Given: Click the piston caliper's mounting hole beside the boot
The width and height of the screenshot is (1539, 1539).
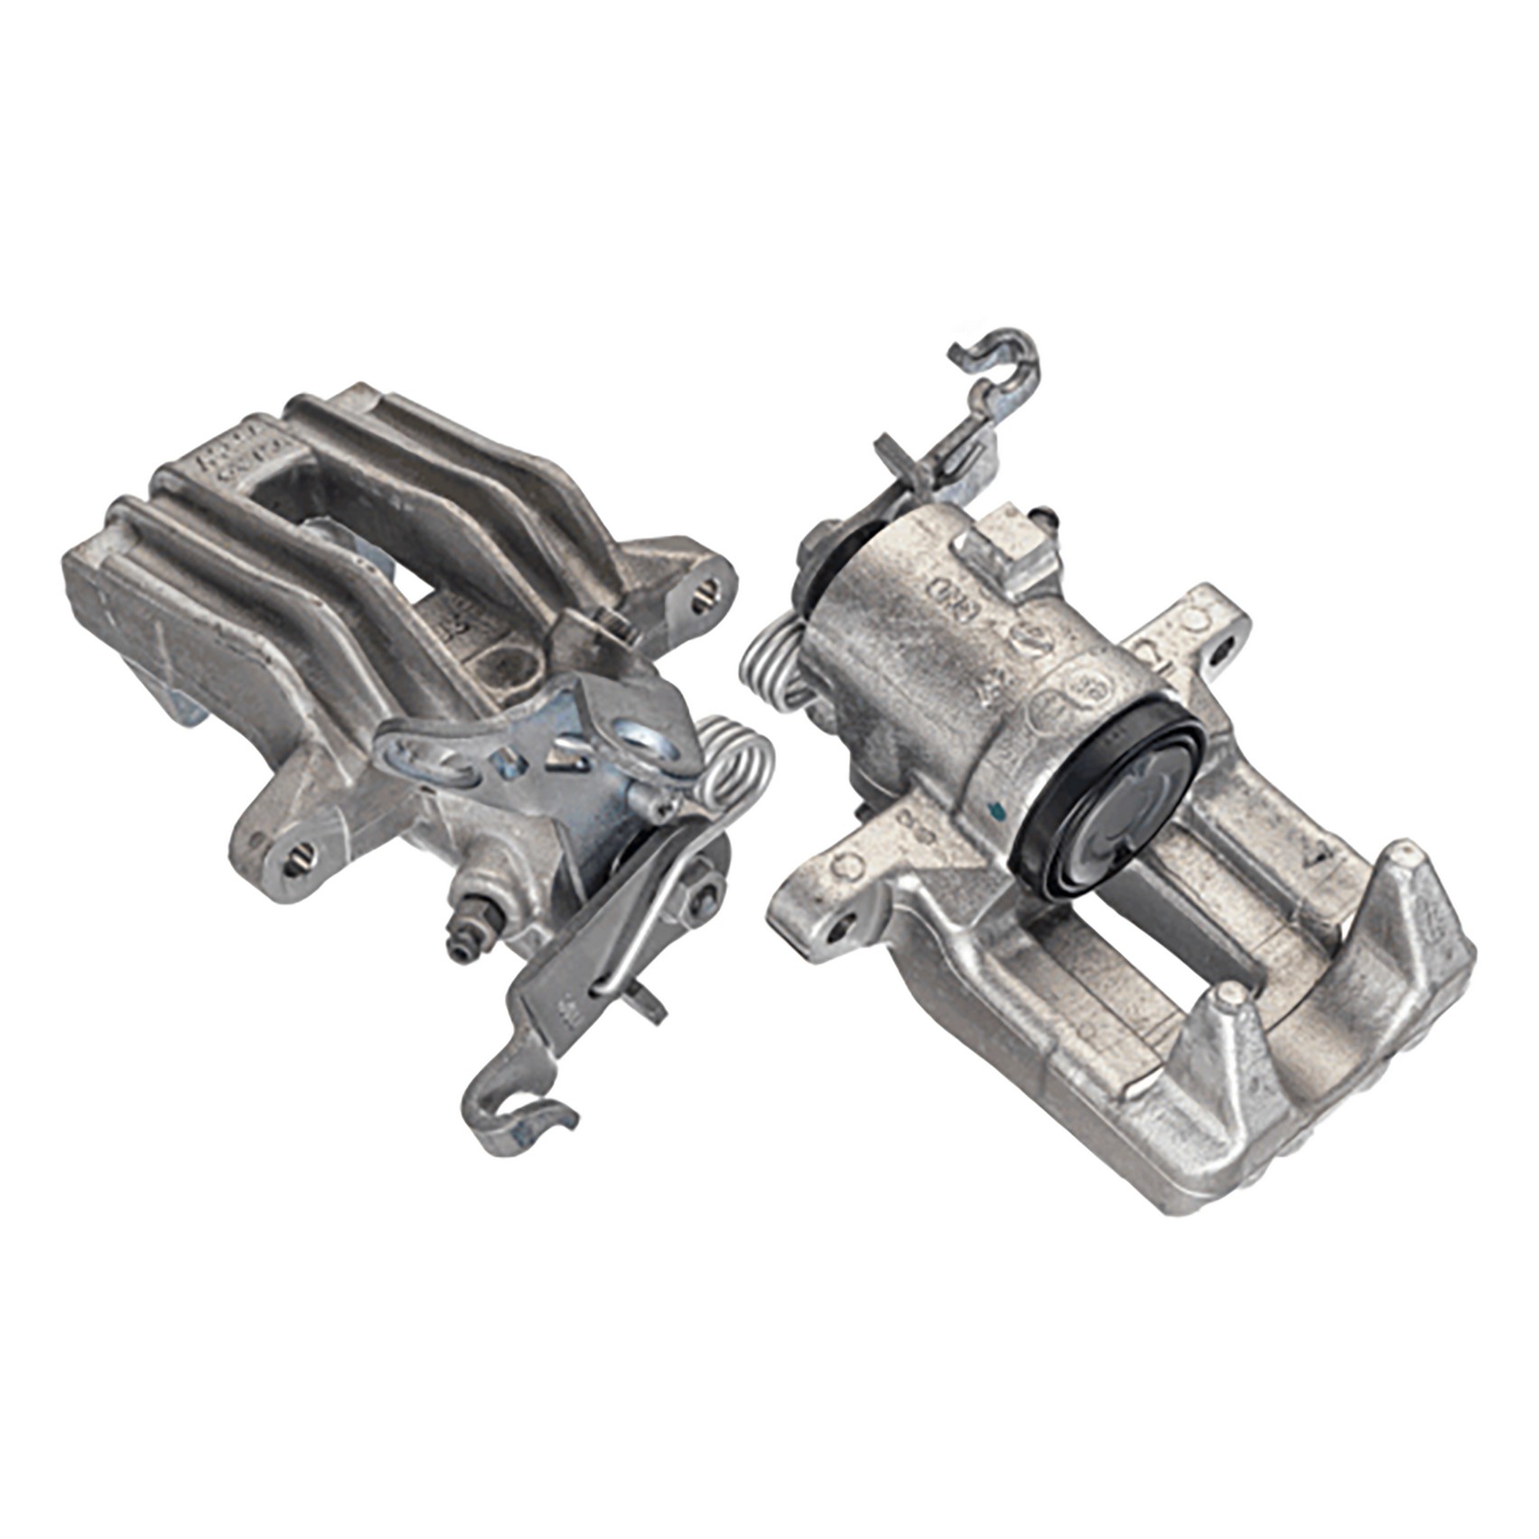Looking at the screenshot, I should [1224, 647].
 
